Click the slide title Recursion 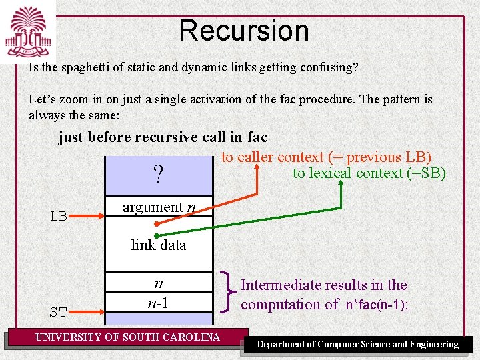point(243,31)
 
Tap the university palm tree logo point(28,33)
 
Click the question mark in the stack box point(158,175)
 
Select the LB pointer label point(59,217)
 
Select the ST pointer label point(59,312)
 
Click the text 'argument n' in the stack point(159,207)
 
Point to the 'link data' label point(159,245)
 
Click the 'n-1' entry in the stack point(158,303)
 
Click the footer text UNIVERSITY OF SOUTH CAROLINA point(127,337)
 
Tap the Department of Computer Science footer point(358,345)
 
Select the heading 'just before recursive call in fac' point(163,137)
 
